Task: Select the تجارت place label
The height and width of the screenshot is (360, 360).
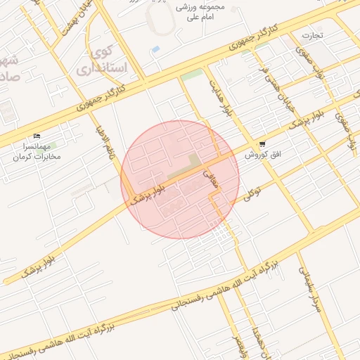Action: [x=312, y=35]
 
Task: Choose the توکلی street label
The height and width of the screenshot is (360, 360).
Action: [x=252, y=193]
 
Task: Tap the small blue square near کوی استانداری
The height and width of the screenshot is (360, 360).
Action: [x=155, y=49]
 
